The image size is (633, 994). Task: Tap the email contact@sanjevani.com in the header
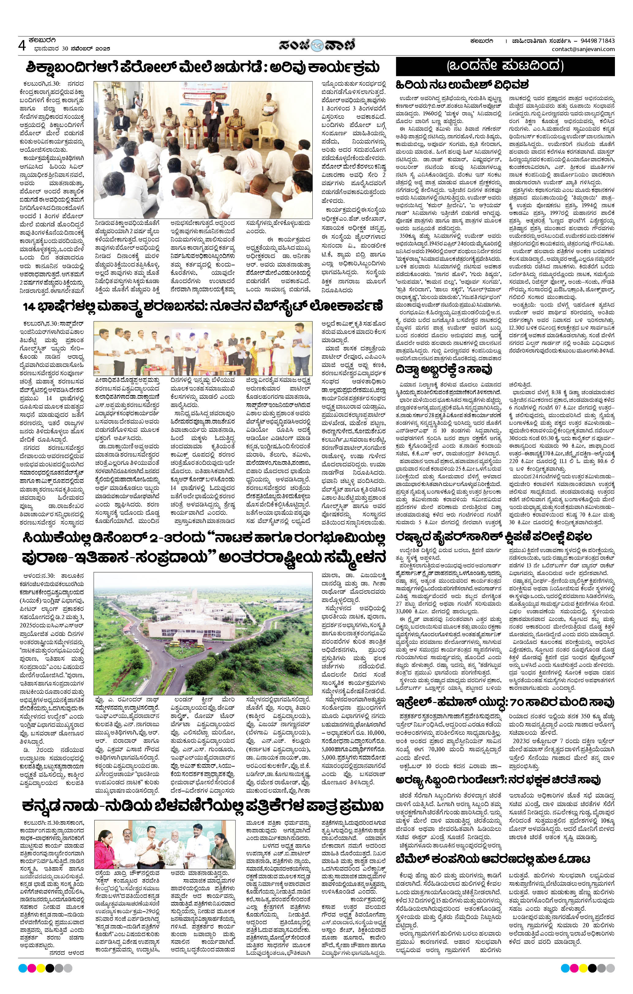point(583,50)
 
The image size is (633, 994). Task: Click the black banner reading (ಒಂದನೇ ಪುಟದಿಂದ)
point(505,66)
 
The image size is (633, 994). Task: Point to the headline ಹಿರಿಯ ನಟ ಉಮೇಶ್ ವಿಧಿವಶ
point(462,85)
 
